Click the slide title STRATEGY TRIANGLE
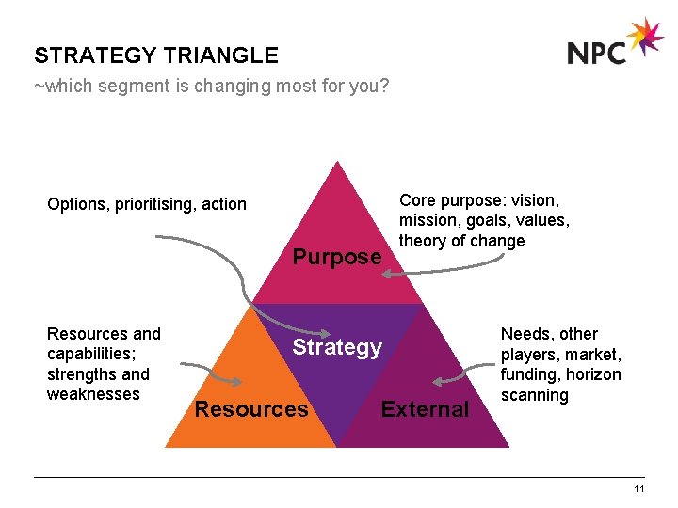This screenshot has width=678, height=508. coord(156,56)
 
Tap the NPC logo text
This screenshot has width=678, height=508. coord(597,51)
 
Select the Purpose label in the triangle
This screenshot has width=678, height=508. coord(337,257)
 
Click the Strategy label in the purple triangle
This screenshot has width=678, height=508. coord(337,347)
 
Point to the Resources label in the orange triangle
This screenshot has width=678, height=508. coord(250,409)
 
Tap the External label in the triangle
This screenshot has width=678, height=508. coord(425,409)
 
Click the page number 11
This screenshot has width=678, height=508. coord(639,489)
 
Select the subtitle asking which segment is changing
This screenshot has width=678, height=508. coord(212,87)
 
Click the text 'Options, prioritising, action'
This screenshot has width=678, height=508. coord(147,204)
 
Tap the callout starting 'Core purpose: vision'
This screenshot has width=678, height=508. coord(484,220)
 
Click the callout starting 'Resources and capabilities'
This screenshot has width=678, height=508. coord(104,364)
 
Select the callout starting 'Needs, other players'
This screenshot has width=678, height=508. coord(560,364)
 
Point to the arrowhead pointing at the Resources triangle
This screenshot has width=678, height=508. coord(235,380)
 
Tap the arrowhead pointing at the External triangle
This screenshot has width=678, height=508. coord(439,381)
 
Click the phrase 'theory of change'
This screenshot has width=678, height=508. coord(461,241)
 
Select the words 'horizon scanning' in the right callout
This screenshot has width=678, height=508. coord(560,385)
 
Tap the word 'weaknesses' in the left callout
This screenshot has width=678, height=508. coord(93,394)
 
